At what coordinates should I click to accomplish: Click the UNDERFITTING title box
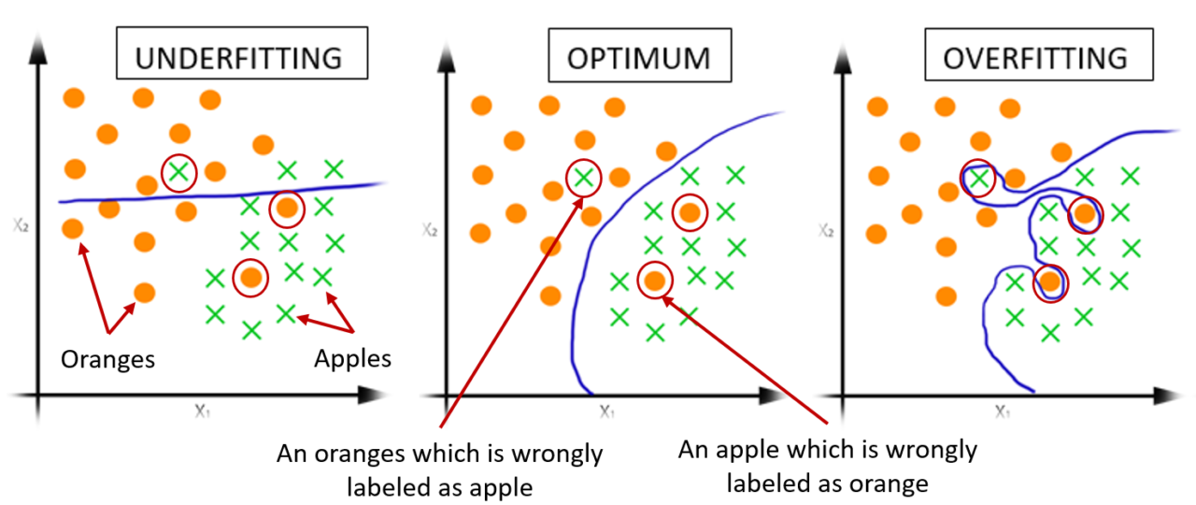[237, 59]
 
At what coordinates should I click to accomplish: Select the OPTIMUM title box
[638, 59]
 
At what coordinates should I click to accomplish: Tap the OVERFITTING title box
[1034, 59]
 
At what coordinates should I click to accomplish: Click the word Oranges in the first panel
[108, 359]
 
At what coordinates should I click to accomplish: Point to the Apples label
[352, 359]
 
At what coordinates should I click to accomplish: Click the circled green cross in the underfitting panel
[178, 171]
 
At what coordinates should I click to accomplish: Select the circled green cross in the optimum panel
[583, 176]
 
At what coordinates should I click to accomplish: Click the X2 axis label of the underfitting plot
[20, 225]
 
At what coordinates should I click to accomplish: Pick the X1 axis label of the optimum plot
[605, 410]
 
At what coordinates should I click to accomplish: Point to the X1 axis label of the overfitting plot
[1001, 410]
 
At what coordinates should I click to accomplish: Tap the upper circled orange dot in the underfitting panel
[287, 209]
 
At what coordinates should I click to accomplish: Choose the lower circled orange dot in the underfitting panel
[249, 277]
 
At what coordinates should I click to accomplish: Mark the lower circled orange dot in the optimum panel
[655, 279]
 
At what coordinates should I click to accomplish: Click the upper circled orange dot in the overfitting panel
[1085, 213]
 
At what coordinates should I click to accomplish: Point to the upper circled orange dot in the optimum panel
[690, 212]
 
